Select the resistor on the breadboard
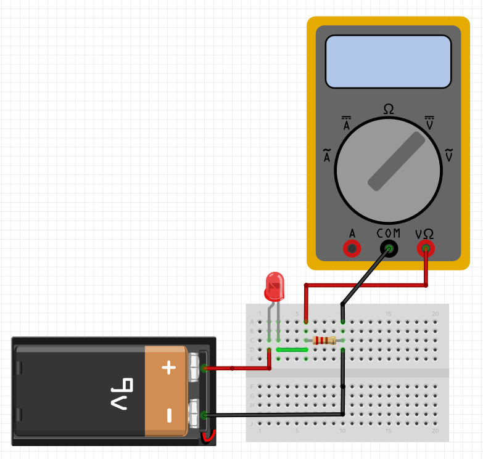(x=324, y=340)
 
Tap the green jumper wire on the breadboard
(x=292, y=349)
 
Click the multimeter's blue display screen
(x=388, y=62)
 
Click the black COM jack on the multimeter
(x=389, y=249)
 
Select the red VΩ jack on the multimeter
(x=426, y=249)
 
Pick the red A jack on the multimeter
(x=352, y=249)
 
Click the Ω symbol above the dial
(x=388, y=109)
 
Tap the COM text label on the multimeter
(x=388, y=234)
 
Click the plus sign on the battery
(x=168, y=368)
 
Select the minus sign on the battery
(x=168, y=416)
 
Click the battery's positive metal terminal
(x=197, y=368)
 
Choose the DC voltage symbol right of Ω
(x=429, y=123)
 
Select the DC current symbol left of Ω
(x=347, y=123)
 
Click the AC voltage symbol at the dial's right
(x=448, y=155)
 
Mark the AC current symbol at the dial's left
(x=327, y=156)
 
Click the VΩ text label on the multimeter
(x=424, y=234)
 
